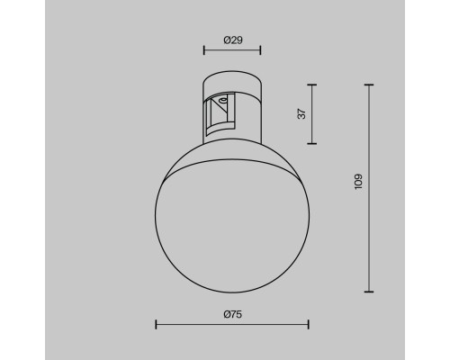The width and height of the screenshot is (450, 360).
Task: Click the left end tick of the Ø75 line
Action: tap(156, 325)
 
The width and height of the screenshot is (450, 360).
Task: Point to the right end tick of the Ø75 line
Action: tap(309, 325)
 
